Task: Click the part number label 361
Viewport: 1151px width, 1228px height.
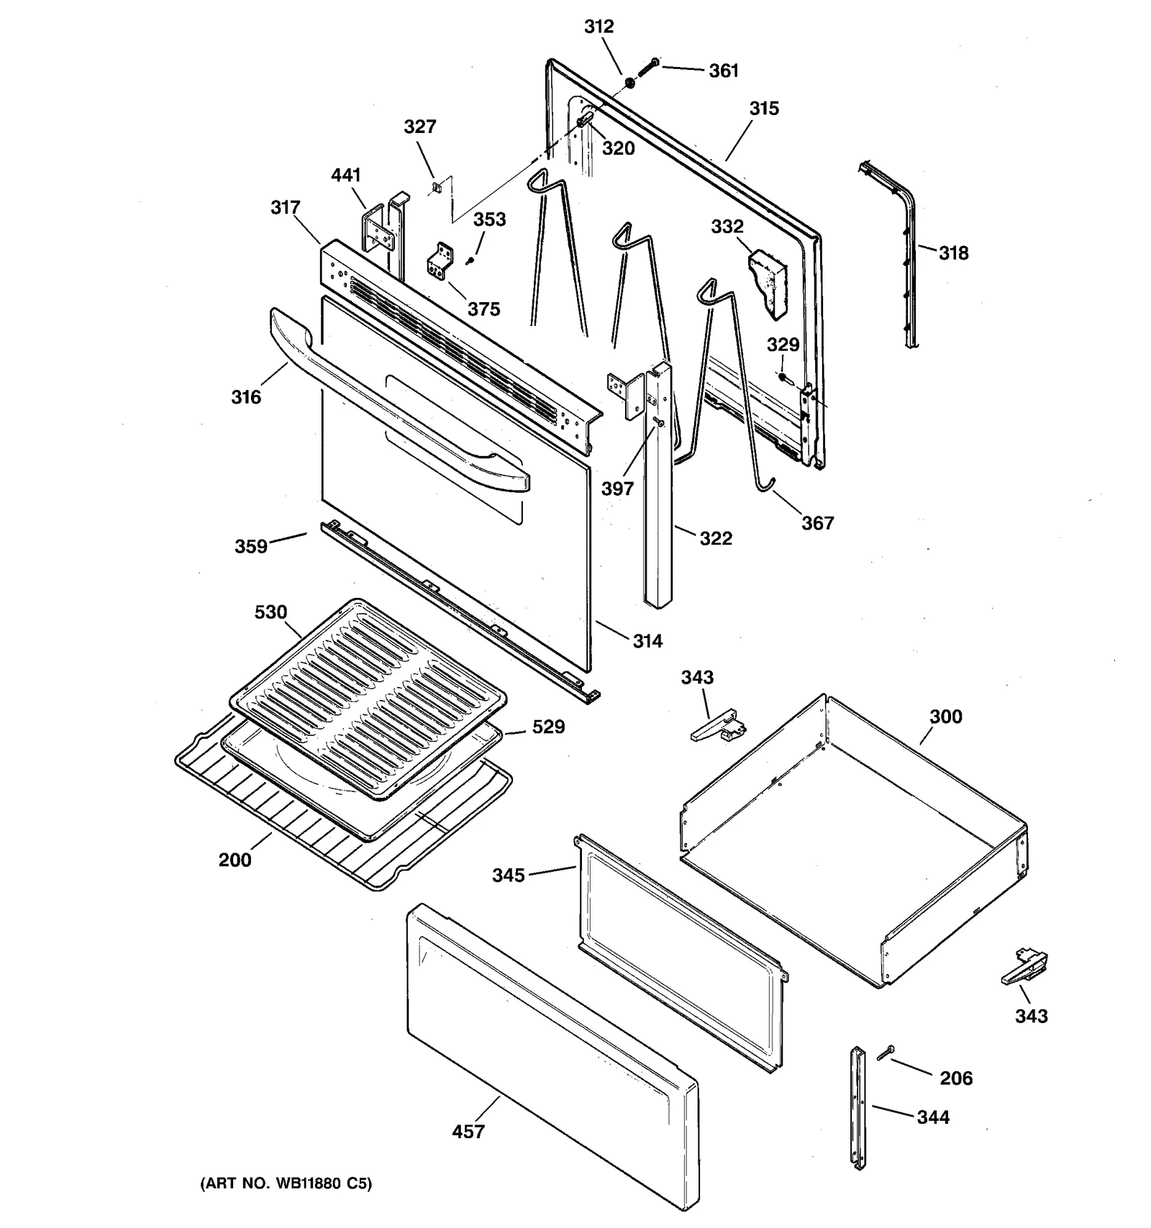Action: (724, 71)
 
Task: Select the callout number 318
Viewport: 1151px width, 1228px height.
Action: (953, 253)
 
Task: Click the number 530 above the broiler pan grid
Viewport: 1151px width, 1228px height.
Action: (270, 612)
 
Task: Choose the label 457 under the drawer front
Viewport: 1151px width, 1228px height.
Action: (468, 1132)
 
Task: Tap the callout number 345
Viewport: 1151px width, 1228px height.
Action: (509, 875)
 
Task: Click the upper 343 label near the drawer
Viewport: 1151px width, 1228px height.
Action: (697, 678)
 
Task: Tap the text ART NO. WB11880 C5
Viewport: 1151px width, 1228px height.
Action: (286, 1183)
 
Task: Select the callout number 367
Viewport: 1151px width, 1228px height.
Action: (818, 523)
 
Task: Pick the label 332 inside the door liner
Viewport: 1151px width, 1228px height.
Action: (727, 227)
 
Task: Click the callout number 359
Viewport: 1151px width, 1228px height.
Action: (251, 547)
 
